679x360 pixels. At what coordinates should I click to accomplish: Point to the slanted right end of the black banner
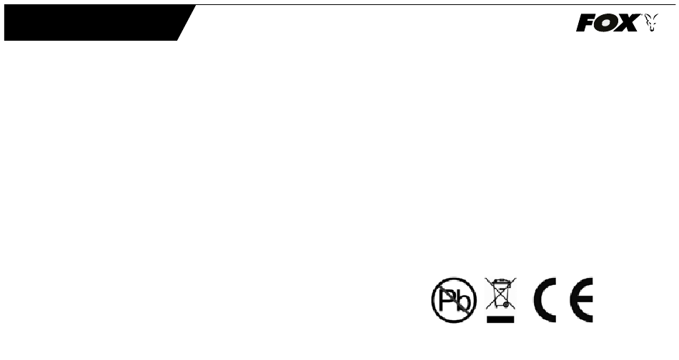point(187,23)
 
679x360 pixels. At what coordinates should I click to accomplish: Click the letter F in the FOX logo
point(585,23)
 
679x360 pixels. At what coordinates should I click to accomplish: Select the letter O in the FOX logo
point(607,23)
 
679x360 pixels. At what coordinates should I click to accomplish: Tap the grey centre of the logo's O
point(607,23)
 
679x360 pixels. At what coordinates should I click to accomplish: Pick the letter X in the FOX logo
point(628,23)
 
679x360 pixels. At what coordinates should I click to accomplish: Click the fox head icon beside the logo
point(651,23)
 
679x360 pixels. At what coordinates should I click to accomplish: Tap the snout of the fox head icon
point(651,29)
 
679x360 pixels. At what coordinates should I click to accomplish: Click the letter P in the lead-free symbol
point(447,300)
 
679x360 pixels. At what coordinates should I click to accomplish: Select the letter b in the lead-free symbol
point(462,301)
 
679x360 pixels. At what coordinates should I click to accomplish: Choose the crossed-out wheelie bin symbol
point(500,294)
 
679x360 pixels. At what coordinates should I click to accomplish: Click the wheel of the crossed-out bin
point(506,304)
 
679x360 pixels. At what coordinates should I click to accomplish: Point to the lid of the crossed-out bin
point(500,281)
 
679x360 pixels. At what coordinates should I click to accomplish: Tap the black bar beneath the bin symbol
point(500,319)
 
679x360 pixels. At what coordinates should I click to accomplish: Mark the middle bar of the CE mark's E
point(583,299)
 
